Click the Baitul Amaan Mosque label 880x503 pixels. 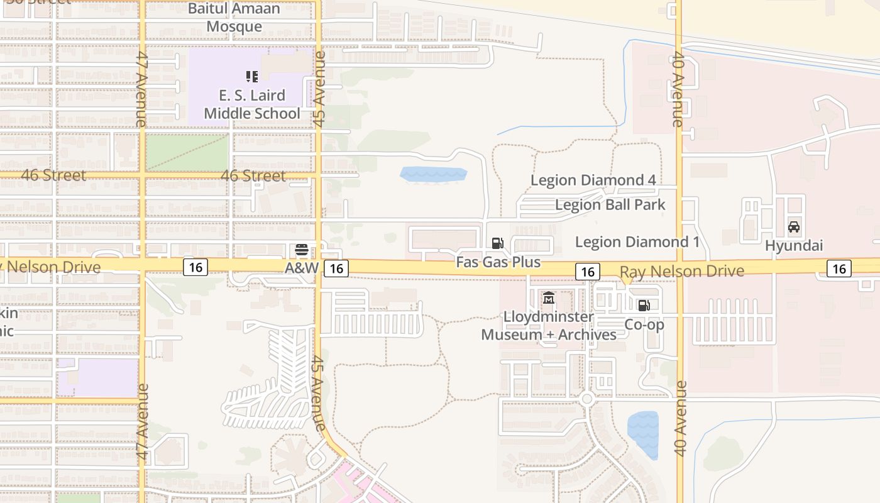coord(234,18)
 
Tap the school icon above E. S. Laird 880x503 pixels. coord(251,77)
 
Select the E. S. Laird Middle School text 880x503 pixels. coord(251,104)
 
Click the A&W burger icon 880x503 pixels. coord(301,250)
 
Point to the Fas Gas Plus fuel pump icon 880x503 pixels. coord(497,243)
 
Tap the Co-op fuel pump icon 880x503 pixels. coord(644,306)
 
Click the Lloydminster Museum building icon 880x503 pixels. coord(549,298)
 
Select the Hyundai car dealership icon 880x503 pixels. coord(793,227)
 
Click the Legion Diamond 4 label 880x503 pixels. coord(593,180)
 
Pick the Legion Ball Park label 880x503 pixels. coord(610,205)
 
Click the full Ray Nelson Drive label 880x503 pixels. coord(681,272)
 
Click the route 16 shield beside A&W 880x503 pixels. coord(336,268)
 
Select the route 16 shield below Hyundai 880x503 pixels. coord(839,268)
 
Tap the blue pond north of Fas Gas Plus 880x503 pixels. coord(434,174)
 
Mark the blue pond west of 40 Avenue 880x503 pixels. coord(643,433)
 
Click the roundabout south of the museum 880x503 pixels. coord(587,399)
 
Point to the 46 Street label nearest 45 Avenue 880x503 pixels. coord(253,175)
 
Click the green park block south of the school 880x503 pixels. coord(187,152)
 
